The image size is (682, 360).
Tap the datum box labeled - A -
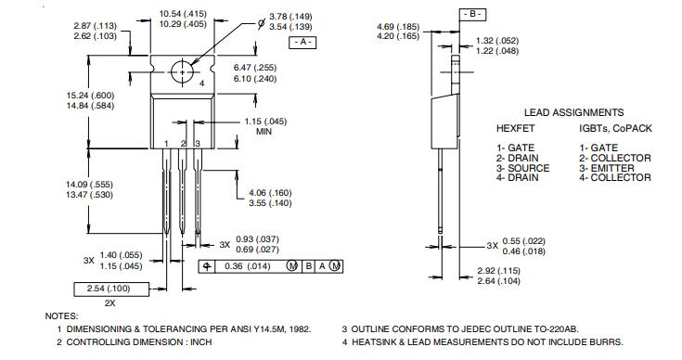pyautogui.click(x=303, y=42)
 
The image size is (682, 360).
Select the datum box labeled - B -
pyautogui.click(x=472, y=14)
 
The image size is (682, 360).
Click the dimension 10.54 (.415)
pyautogui.click(x=183, y=14)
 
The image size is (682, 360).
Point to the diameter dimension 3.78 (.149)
pyautogui.click(x=290, y=17)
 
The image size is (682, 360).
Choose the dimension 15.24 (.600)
pyautogui.click(x=91, y=96)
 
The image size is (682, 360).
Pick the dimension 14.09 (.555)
pyautogui.click(x=90, y=185)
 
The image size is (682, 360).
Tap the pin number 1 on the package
pyautogui.click(x=166, y=144)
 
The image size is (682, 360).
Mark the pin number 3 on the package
pyautogui.click(x=197, y=144)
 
